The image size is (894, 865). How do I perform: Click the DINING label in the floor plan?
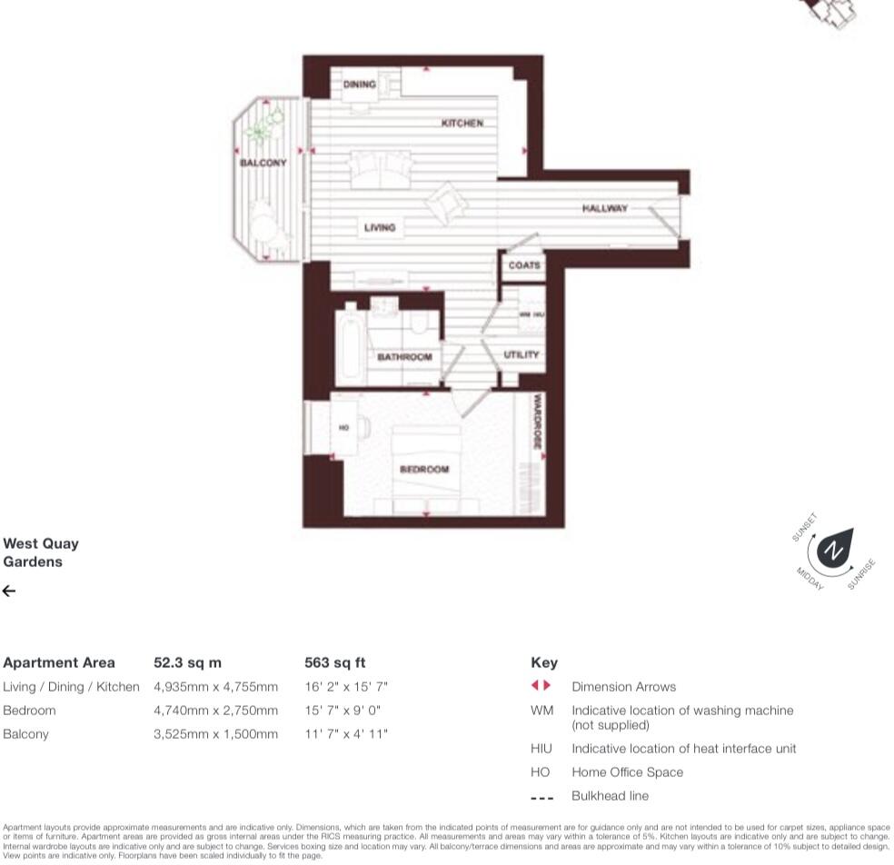pyautogui.click(x=359, y=85)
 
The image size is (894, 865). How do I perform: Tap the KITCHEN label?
pyautogui.click(x=462, y=123)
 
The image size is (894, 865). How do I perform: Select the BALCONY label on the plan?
pyautogui.click(x=263, y=163)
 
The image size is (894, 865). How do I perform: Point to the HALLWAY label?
pyautogui.click(x=605, y=208)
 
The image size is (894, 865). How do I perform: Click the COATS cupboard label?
pyautogui.click(x=524, y=265)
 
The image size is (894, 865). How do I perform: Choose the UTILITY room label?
pyautogui.click(x=521, y=354)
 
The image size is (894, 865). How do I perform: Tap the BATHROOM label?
pyautogui.click(x=404, y=357)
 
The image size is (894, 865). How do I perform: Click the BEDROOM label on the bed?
pyautogui.click(x=424, y=470)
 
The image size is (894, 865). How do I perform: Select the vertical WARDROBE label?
pyautogui.click(x=537, y=422)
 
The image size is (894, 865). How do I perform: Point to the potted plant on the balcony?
pyautogui.click(x=263, y=127)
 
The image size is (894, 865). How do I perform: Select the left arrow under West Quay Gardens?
pyautogui.click(x=9, y=592)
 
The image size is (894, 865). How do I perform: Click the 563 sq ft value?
pyautogui.click(x=334, y=662)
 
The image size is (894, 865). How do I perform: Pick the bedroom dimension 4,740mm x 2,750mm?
pyautogui.click(x=215, y=711)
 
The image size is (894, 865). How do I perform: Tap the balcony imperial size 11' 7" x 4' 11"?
pyautogui.click(x=346, y=734)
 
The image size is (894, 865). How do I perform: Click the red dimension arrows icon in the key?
pyautogui.click(x=541, y=686)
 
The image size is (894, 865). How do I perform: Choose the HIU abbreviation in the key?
pyautogui.click(x=541, y=749)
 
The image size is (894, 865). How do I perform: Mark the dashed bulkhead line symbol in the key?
pyautogui.click(x=541, y=797)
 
